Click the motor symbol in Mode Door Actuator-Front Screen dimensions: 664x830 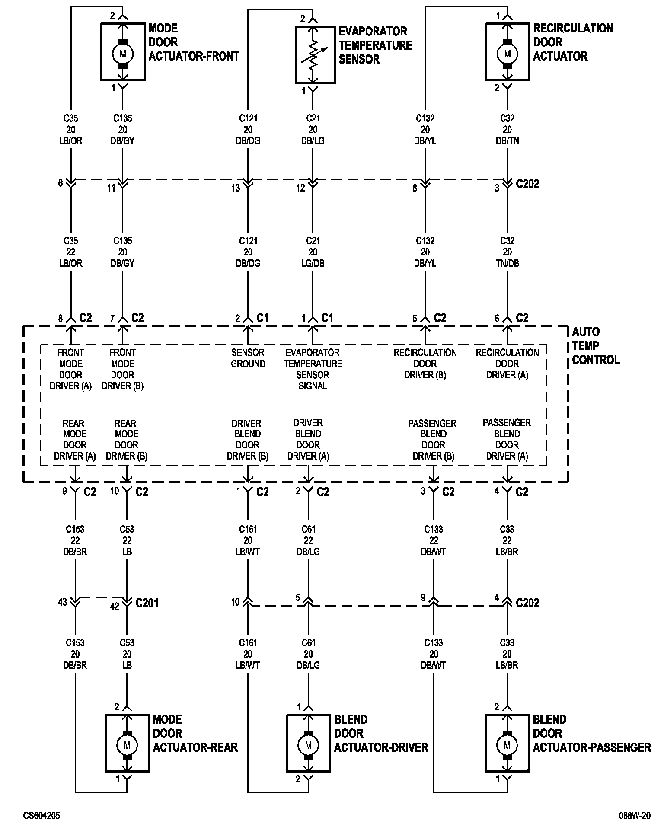tap(123, 54)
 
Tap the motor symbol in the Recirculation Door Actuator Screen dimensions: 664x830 tap(508, 54)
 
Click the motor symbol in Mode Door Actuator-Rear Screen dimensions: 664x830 tap(127, 745)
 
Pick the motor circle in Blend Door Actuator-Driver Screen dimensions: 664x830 tap(308, 745)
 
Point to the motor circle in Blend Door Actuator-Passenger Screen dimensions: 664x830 tap(507, 745)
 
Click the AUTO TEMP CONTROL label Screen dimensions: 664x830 tap(595, 346)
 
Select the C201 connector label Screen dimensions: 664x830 tap(147, 603)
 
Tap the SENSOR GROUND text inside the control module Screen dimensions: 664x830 tap(248, 358)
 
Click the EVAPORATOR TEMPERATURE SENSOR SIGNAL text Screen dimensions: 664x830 tap(313, 369)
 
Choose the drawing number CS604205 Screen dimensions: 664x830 tap(41, 816)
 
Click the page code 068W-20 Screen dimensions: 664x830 tap(634, 816)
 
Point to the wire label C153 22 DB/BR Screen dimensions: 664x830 tap(75, 540)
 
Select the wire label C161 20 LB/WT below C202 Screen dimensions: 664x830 tap(248, 654)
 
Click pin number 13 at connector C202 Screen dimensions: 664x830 tap(235, 188)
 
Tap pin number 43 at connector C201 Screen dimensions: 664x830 tap(63, 602)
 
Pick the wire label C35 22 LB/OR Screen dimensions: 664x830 tap(70, 252)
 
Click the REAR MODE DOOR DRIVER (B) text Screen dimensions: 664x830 tap(127, 440)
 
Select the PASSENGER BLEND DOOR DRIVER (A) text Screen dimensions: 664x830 tap(507, 439)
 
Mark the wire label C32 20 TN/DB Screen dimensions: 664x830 tap(507, 252)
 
